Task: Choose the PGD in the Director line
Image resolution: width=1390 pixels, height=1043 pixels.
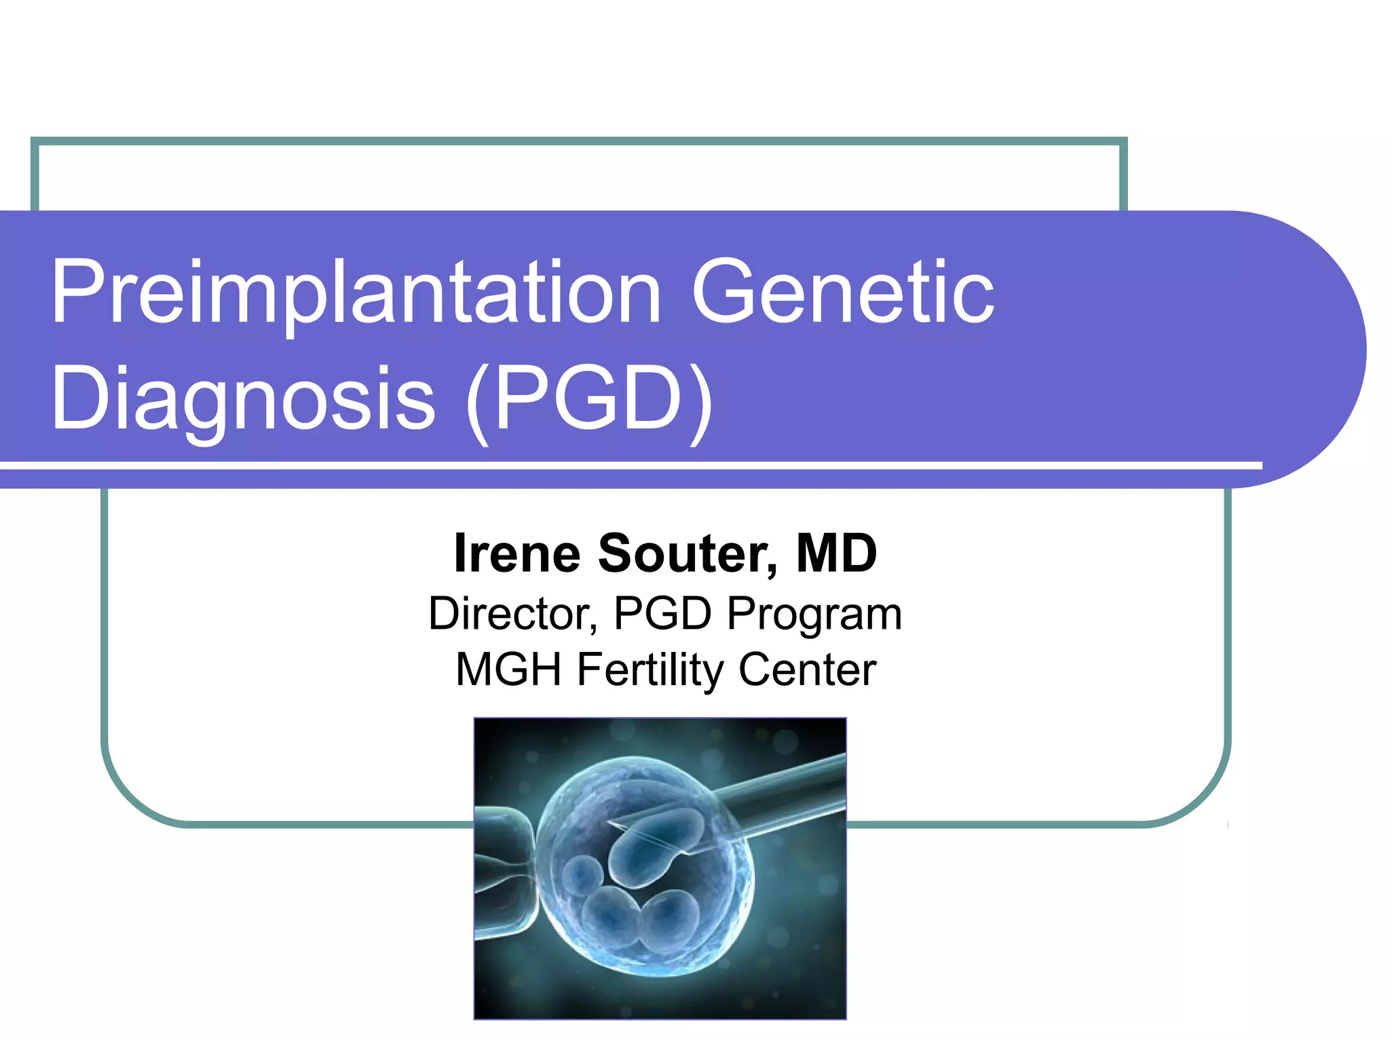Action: (662, 614)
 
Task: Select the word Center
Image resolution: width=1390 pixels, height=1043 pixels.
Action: (808, 670)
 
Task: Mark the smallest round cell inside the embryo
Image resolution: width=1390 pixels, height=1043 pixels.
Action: (582, 876)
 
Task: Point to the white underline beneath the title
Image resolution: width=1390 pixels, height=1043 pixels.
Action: (631, 466)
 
